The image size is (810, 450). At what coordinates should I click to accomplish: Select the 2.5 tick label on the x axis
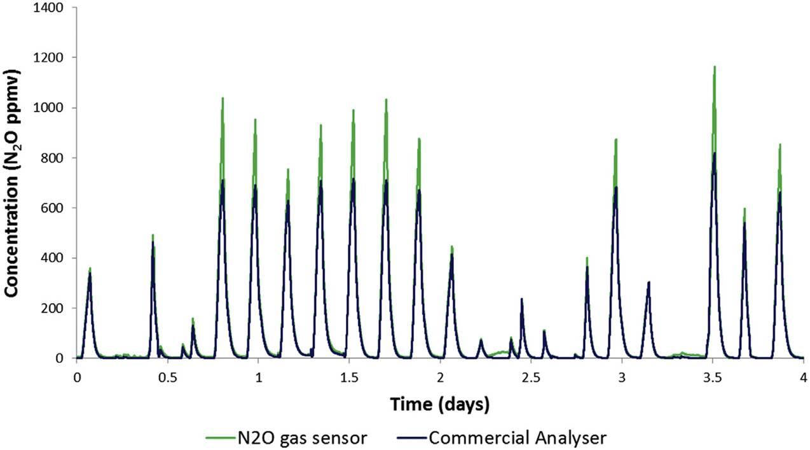[x=531, y=377]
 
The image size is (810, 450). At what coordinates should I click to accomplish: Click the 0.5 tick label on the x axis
[x=168, y=377]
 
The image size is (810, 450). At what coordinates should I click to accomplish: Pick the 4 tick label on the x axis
[x=803, y=377]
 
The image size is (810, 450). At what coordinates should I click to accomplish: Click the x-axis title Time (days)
[x=439, y=404]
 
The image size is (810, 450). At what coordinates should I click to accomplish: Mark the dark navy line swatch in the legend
[x=410, y=438]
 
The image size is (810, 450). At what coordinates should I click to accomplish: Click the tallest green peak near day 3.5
[x=715, y=66]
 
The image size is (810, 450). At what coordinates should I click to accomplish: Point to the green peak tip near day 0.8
[x=223, y=98]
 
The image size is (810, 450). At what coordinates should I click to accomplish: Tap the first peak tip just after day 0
[x=90, y=268]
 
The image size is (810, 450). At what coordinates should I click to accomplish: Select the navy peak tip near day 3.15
[x=649, y=282]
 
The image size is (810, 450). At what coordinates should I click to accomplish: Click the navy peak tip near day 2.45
[x=521, y=299]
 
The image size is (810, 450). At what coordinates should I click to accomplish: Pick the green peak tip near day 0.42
[x=153, y=235]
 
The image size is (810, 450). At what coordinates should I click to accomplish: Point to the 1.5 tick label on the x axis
[x=349, y=377]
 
